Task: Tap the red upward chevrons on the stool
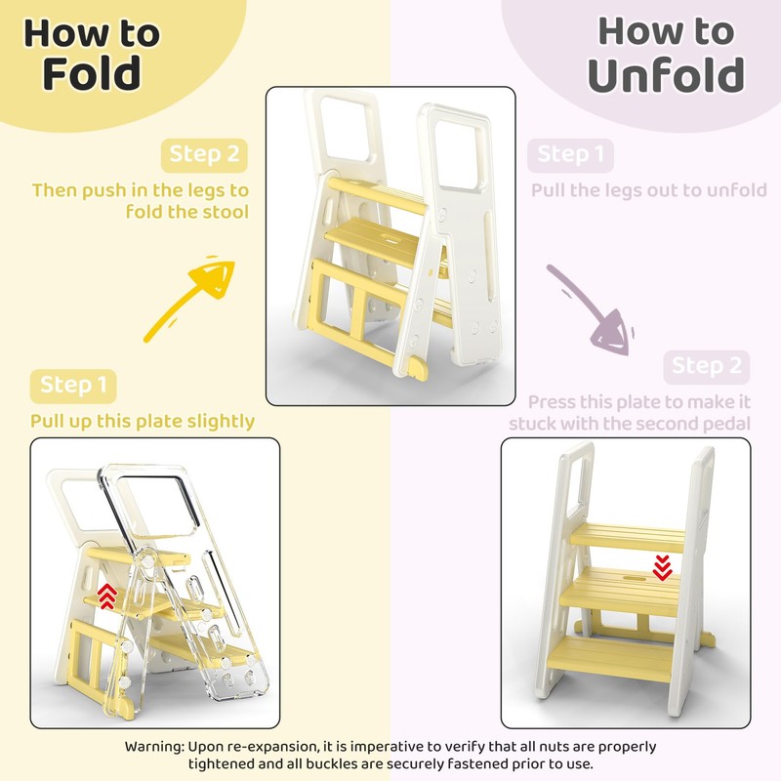tap(107, 596)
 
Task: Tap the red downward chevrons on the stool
tap(662, 567)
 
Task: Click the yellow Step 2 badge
tap(203, 154)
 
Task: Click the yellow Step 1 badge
tap(74, 385)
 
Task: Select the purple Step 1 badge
tap(571, 154)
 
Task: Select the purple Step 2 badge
tap(708, 366)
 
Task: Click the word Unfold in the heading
tap(666, 75)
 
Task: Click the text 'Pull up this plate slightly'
tap(143, 421)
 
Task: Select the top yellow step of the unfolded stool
tap(629, 535)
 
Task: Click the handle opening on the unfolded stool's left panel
tap(575, 482)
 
